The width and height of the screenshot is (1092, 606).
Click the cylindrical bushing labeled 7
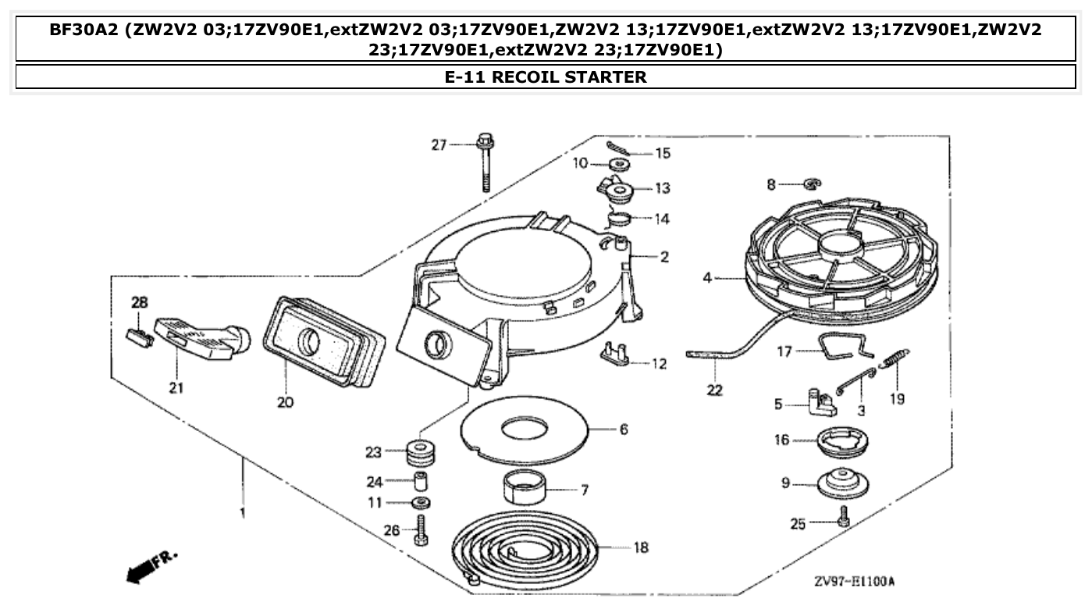(523, 490)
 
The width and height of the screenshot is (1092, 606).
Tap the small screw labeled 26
(422, 531)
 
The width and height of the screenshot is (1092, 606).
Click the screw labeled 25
(843, 516)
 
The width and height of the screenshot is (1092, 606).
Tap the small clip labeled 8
(812, 184)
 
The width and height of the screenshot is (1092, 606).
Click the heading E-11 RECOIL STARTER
(546, 77)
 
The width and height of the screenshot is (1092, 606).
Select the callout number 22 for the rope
(714, 390)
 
